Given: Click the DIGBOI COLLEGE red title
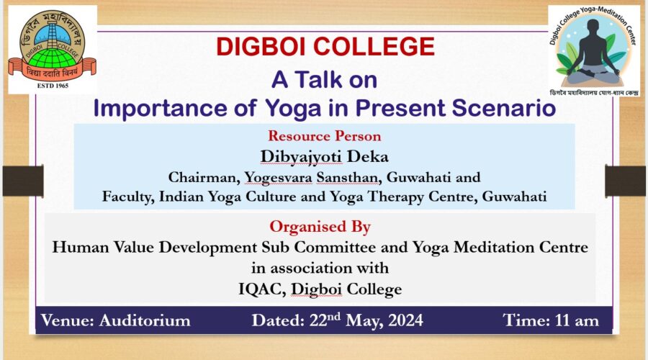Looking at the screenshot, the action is click(x=325, y=46).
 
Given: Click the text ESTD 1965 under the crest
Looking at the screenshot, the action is click(x=53, y=86).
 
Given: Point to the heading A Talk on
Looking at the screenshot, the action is click(x=325, y=79).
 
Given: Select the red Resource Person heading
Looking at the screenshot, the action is click(x=325, y=136).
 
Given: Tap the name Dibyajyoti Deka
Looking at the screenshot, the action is click(x=325, y=157).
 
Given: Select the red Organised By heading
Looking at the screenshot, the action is click(x=320, y=227).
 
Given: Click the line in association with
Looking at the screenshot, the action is click(x=320, y=268).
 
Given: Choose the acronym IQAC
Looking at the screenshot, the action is click(x=262, y=289).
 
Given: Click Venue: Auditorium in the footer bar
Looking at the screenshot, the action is click(x=116, y=320).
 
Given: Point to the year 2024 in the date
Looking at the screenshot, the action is click(x=405, y=320).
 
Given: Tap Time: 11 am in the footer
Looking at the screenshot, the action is click(x=551, y=320).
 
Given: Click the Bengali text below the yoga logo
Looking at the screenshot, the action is click(x=594, y=93).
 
